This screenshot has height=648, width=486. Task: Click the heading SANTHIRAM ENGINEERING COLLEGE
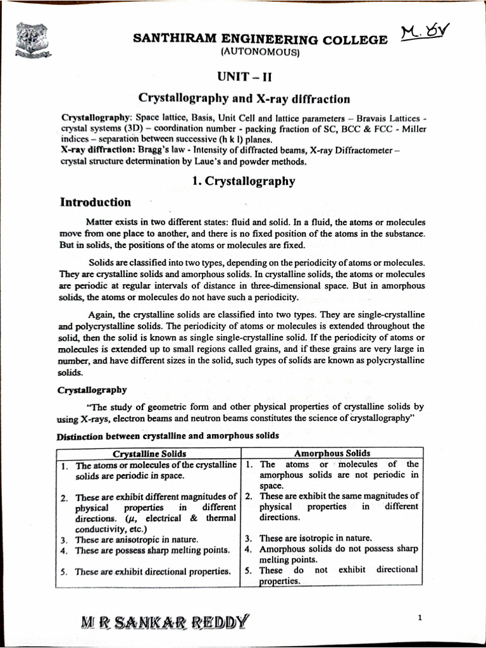tap(260, 40)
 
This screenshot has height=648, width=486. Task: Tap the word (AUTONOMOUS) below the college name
tap(259, 53)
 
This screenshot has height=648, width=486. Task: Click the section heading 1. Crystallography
tap(244, 181)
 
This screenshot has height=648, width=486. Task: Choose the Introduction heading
tap(96, 202)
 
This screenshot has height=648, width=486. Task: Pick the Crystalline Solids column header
tap(149, 454)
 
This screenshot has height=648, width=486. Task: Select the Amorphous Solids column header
tap(332, 453)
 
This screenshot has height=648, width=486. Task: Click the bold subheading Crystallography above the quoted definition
tap(92, 390)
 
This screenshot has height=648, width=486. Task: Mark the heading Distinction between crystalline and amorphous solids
tap(167, 436)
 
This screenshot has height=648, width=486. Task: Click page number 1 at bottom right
tap(420, 617)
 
